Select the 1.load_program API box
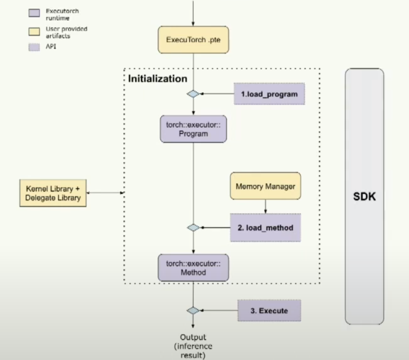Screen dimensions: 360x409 tap(269, 94)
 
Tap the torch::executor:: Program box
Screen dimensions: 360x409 tap(193, 129)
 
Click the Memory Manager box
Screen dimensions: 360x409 tap(265, 186)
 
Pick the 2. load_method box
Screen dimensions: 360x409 tap(265, 227)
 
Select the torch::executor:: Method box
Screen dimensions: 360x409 tap(193, 268)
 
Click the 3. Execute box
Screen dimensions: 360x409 tap(269, 310)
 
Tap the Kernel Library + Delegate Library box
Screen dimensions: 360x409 tap(53, 193)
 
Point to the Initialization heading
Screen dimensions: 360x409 tap(157, 78)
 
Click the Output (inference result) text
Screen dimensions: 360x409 tap(193, 346)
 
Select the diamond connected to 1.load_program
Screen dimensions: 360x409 tap(193, 94)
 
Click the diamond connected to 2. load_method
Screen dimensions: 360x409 tap(193, 227)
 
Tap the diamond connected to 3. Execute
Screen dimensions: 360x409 tap(193, 310)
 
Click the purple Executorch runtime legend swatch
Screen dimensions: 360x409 tap(34, 13)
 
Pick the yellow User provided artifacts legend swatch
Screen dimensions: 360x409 tap(34, 31)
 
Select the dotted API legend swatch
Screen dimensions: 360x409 tap(34, 47)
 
